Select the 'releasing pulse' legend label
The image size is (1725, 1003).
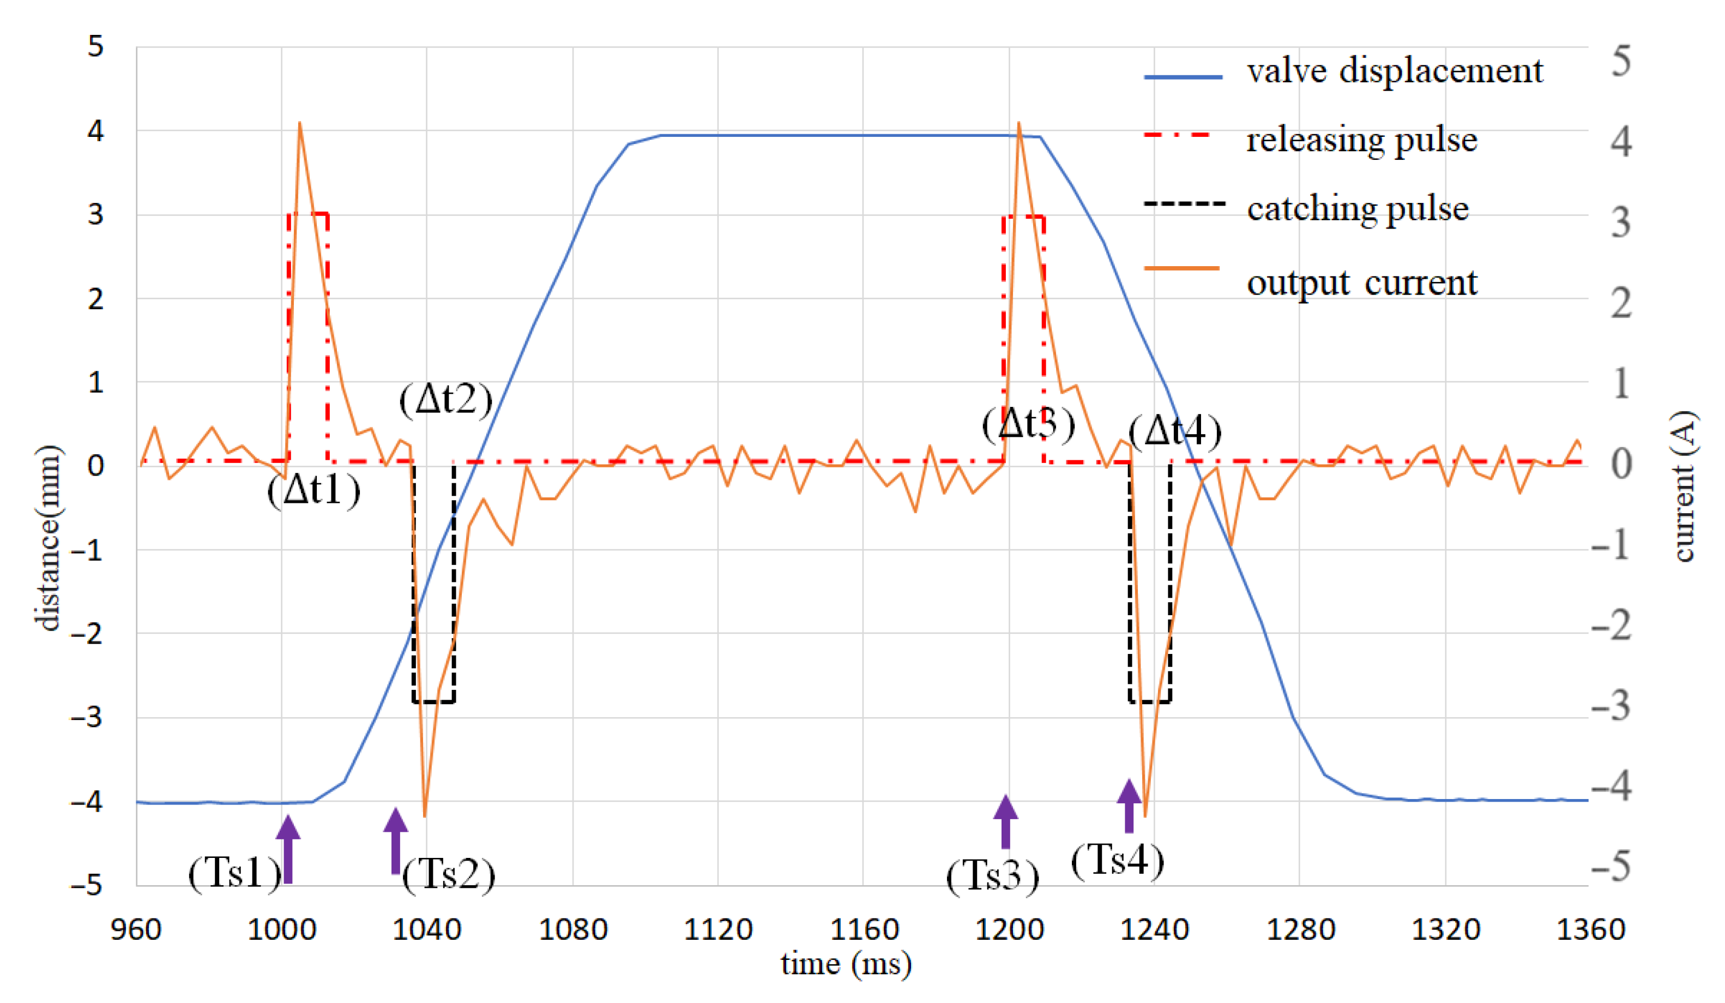(1361, 140)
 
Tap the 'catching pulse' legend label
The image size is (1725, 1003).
(1358, 208)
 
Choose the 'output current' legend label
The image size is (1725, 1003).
(1361, 282)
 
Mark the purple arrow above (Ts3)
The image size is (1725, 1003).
(1005, 821)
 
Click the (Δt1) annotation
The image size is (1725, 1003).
(314, 490)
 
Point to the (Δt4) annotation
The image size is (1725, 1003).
(1175, 431)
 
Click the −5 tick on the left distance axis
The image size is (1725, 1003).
(87, 885)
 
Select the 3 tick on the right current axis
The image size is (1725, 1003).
(1621, 223)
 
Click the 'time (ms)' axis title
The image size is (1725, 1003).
(846, 964)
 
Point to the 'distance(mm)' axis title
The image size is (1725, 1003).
(48, 537)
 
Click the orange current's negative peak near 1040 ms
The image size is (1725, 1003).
(425, 815)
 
